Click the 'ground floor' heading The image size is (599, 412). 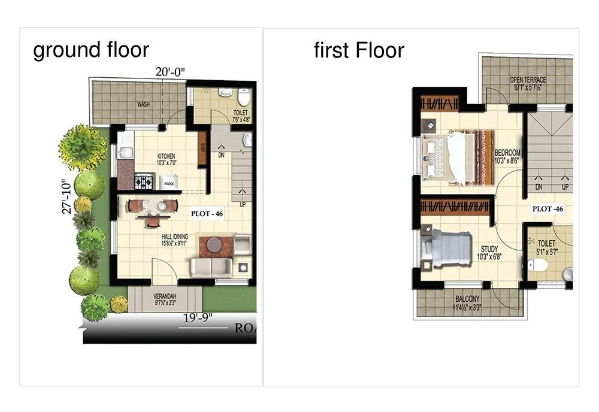[91, 50]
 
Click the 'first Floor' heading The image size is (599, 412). [359, 50]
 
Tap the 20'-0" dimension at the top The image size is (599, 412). [171, 71]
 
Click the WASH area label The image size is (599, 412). [143, 104]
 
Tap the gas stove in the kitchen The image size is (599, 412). [144, 180]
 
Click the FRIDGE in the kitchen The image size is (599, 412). [169, 183]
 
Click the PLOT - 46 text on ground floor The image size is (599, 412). [207, 213]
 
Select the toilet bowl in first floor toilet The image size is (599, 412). [540, 265]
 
